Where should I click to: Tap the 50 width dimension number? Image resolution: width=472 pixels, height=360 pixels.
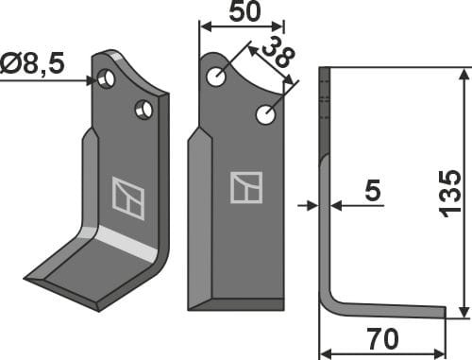241,12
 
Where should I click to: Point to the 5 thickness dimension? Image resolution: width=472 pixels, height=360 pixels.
372,192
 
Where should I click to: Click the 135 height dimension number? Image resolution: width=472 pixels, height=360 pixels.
451,193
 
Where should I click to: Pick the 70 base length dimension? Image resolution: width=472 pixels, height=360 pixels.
382,337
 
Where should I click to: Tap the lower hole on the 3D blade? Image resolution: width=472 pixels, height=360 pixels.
143,111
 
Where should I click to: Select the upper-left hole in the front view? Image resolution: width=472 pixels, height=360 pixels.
217,76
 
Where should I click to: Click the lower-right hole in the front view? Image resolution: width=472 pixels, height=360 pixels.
265,115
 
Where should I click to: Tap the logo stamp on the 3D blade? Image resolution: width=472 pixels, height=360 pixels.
127,197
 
